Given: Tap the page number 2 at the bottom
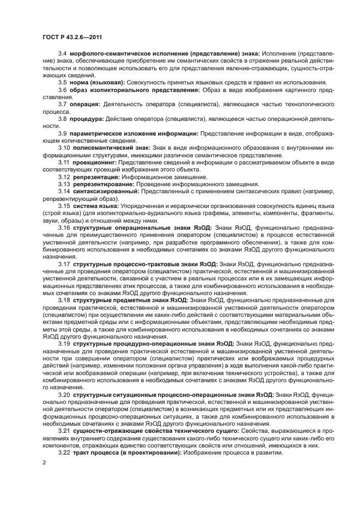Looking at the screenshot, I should (44, 463).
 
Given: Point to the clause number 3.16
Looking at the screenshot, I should (64, 228).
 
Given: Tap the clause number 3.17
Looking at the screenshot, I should (64, 264).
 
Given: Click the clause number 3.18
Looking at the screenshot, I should (64, 300).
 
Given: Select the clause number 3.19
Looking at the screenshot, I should (64, 344).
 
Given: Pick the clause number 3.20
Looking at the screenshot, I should (64, 394).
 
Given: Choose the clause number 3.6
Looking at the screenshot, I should (63, 89).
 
